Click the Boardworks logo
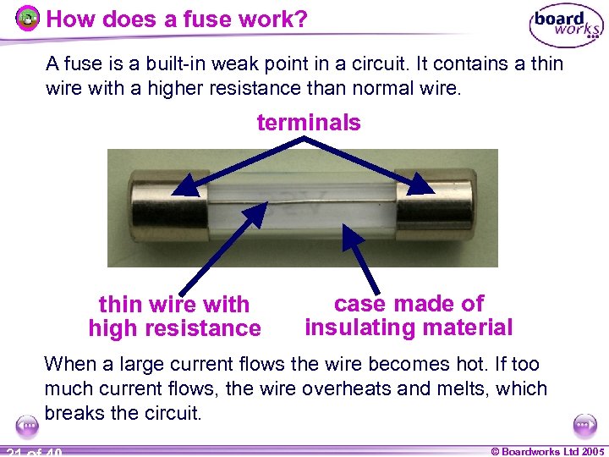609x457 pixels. (x=566, y=27)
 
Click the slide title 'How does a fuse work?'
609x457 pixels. (x=176, y=19)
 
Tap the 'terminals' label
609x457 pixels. (x=308, y=123)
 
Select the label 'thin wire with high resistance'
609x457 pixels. (x=174, y=317)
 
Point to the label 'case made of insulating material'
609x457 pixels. (x=409, y=316)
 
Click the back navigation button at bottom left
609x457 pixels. (x=26, y=425)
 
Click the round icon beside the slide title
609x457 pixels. (x=29, y=18)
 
